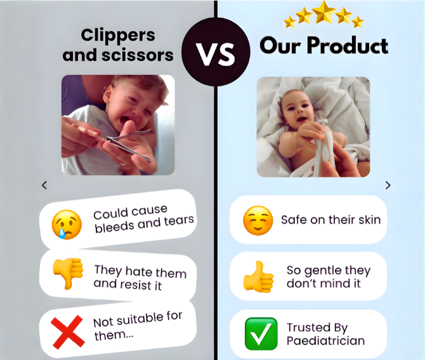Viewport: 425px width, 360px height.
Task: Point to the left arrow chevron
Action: (44, 185)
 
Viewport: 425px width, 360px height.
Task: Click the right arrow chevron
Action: (388, 185)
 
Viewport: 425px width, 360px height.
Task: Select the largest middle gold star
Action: (324, 11)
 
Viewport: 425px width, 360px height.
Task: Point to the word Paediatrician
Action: (325, 341)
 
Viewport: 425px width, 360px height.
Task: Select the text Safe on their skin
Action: (330, 220)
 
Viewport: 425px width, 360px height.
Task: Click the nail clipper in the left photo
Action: (130, 143)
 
